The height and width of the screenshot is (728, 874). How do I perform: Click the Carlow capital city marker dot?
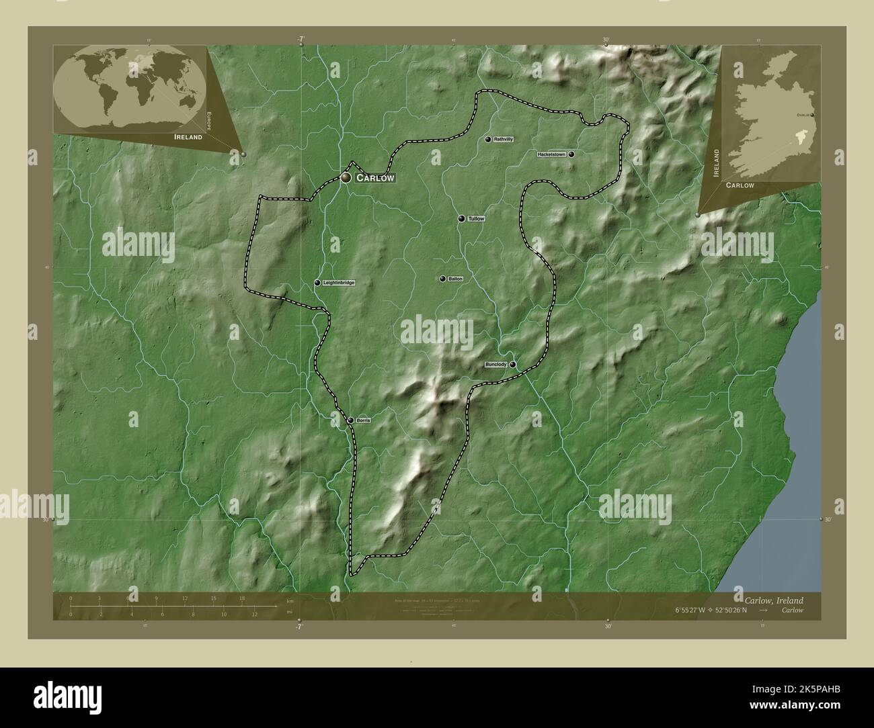tap(346, 177)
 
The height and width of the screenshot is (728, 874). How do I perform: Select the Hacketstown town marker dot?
tap(571, 154)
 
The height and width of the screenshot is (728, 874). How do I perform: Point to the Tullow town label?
tap(476, 219)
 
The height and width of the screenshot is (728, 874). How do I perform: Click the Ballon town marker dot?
tap(442, 279)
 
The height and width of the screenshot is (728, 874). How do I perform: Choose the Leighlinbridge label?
tap(338, 283)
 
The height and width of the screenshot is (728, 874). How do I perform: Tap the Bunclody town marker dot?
tap(513, 365)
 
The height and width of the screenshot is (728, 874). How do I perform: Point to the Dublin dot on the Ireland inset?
tap(813, 116)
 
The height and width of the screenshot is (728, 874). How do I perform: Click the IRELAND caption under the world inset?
tap(188, 136)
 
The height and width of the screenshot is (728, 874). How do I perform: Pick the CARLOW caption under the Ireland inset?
tap(740, 185)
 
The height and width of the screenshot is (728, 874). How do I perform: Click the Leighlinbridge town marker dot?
tap(317, 283)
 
